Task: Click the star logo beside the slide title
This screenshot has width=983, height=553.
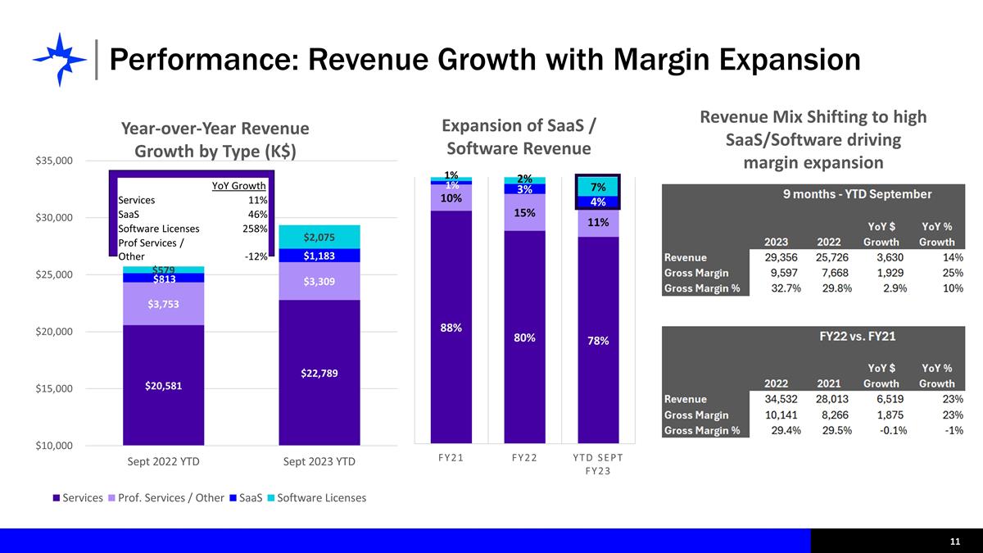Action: pyautogui.click(x=59, y=59)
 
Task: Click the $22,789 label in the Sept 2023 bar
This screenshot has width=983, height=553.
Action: pyautogui.click(x=319, y=373)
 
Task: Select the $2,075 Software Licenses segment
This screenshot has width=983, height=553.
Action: pyautogui.click(x=319, y=237)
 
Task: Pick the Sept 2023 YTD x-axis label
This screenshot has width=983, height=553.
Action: pyautogui.click(x=319, y=461)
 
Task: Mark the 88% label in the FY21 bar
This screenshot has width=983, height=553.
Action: pyautogui.click(x=451, y=328)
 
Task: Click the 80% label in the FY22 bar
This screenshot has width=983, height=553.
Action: pyautogui.click(x=524, y=337)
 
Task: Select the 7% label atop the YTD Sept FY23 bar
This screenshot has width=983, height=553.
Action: pyautogui.click(x=598, y=188)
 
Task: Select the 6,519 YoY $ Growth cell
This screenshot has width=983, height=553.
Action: pyautogui.click(x=882, y=399)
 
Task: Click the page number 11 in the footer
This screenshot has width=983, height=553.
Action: pyautogui.click(x=955, y=542)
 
